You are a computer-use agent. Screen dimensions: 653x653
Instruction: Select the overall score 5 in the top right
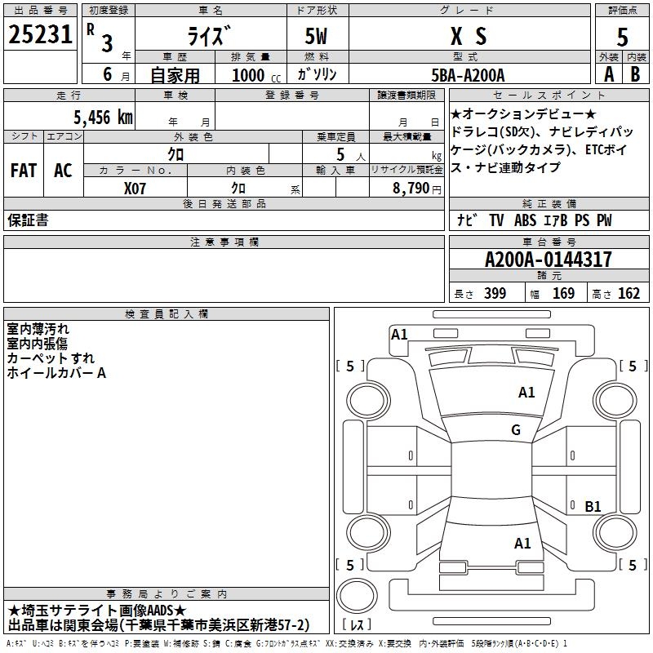(x=622, y=37)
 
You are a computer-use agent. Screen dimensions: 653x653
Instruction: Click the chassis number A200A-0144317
(x=548, y=260)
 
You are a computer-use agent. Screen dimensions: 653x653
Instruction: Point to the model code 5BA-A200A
(x=468, y=75)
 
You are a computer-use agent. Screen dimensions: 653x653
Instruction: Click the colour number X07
(x=135, y=188)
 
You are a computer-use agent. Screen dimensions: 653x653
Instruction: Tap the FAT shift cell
(x=23, y=171)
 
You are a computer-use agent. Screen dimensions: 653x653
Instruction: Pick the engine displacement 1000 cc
(x=249, y=75)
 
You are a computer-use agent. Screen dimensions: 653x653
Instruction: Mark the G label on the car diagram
(x=516, y=430)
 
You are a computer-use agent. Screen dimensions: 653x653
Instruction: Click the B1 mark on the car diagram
(x=593, y=507)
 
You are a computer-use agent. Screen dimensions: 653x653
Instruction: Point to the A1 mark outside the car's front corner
(x=399, y=334)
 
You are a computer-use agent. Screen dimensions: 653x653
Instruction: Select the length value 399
(x=495, y=294)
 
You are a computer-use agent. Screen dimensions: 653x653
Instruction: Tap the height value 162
(x=629, y=294)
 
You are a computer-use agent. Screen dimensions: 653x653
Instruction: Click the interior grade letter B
(x=636, y=74)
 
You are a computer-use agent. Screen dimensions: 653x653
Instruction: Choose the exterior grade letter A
(x=608, y=74)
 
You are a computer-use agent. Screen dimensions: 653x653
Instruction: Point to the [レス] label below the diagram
(x=357, y=625)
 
